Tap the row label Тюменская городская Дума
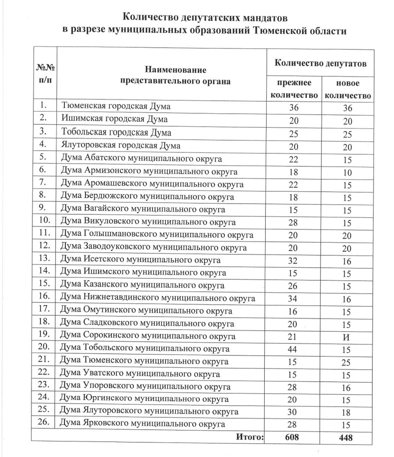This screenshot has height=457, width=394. click(115, 106)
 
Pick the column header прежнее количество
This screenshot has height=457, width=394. click(294, 89)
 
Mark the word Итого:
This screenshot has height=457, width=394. click(249, 437)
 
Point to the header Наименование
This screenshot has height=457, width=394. click(175, 70)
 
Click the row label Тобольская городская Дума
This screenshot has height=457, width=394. click(116, 132)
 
